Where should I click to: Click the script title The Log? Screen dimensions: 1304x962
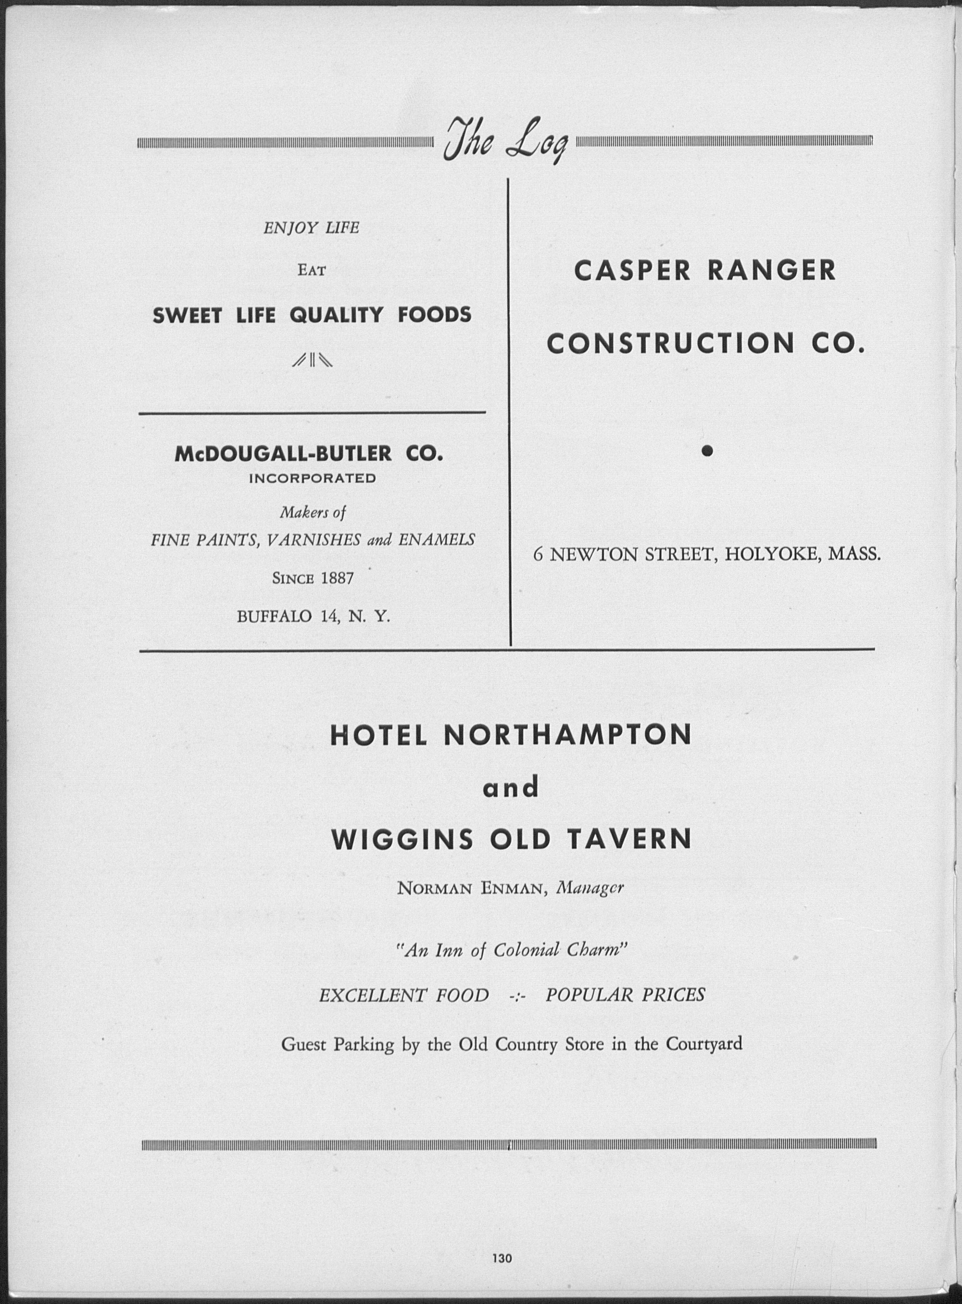click(x=504, y=142)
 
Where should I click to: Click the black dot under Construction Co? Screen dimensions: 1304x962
click(x=707, y=450)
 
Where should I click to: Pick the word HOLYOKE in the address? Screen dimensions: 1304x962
click(x=772, y=554)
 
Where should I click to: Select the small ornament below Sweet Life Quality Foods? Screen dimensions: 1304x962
click(x=312, y=361)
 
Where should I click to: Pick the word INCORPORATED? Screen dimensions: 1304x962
click(x=312, y=479)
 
